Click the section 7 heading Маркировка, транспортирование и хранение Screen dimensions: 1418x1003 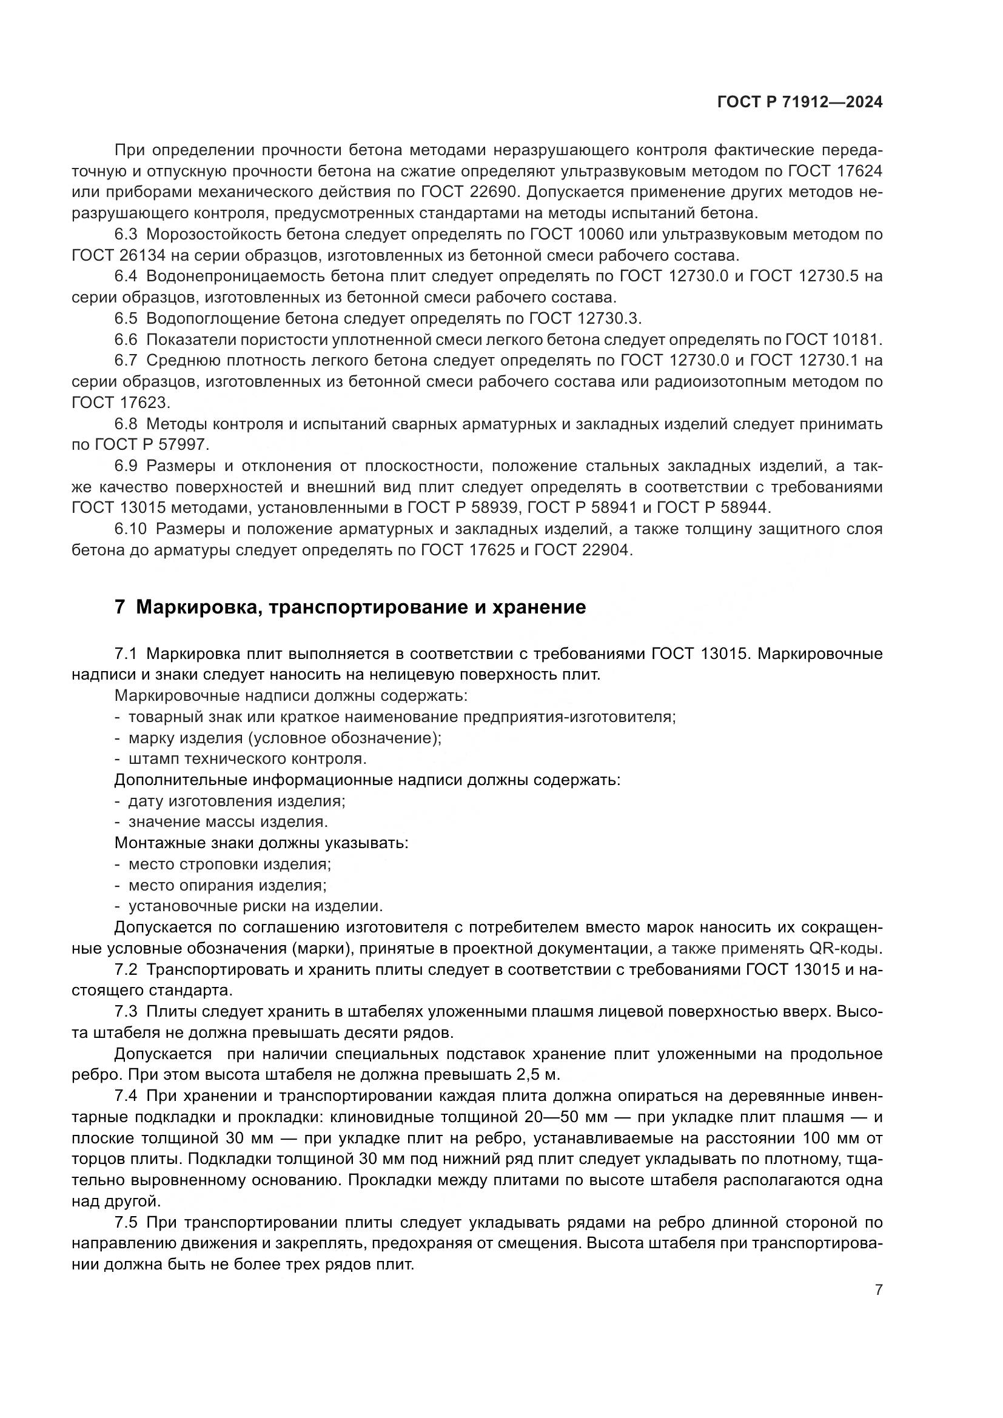(350, 607)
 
